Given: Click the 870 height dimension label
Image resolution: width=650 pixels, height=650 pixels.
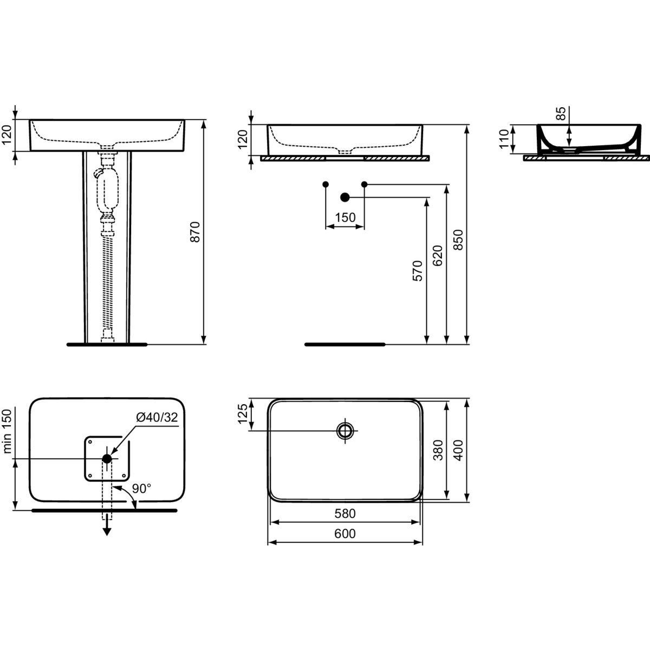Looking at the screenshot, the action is (196, 232).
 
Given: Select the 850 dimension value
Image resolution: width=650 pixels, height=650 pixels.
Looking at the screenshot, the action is (458, 239).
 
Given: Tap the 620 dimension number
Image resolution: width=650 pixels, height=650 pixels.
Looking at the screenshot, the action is (438, 255).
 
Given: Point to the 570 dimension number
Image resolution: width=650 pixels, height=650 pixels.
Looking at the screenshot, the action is (418, 271).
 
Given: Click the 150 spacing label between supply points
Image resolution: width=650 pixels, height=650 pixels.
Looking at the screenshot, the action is (346, 218).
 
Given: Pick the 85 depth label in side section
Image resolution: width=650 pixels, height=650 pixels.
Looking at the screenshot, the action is (560, 113).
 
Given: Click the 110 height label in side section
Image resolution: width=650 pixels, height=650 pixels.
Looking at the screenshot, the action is (504, 139).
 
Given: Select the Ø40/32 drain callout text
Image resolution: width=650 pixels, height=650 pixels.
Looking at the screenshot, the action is (157, 417).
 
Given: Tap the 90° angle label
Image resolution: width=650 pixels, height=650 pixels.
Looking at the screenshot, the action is (141, 488).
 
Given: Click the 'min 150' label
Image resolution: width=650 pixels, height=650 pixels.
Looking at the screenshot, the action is (8, 431).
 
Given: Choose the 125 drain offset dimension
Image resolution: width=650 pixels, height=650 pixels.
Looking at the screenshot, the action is (243, 414).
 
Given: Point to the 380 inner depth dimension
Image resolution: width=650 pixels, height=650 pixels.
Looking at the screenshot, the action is (438, 450).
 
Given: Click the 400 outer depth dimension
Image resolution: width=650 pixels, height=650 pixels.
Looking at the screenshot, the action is (458, 450).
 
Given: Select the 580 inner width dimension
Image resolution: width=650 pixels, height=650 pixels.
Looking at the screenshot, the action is (345, 513).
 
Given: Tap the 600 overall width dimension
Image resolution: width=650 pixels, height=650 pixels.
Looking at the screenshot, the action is (345, 534).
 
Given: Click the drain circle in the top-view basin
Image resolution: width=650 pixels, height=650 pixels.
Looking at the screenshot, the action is (345, 431).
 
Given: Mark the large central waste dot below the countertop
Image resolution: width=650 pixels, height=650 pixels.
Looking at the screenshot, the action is (344, 197).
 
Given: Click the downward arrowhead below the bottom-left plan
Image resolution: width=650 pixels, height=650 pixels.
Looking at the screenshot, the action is (107, 531).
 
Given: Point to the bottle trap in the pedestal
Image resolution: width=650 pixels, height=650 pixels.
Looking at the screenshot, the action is (108, 193).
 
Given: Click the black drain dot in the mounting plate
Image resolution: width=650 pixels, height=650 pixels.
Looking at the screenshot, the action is (107, 458).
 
